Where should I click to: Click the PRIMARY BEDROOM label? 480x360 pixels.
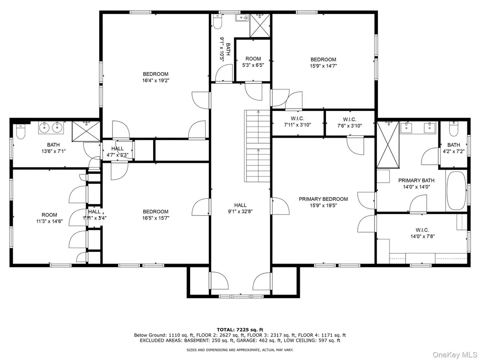(323, 202)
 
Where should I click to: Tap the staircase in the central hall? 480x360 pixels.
(257, 146)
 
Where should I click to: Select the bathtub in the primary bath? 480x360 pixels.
(456, 191)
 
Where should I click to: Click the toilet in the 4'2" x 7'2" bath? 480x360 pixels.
(453, 129)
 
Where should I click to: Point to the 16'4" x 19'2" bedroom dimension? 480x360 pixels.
(155, 81)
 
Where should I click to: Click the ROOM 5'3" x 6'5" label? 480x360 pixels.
(253, 62)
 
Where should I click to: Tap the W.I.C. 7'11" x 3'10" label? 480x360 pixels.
(297, 122)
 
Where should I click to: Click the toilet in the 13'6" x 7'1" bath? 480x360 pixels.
(21, 132)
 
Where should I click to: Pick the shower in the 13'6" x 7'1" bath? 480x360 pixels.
(86, 132)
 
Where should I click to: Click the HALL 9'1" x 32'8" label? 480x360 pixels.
(240, 208)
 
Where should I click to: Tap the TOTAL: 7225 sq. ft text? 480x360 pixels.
(240, 330)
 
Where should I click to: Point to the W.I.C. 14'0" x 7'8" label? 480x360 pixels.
(422, 233)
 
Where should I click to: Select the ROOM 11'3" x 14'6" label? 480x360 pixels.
(49, 218)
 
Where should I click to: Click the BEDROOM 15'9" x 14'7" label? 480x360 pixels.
(323, 63)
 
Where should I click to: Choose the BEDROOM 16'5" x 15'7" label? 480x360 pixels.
(155, 214)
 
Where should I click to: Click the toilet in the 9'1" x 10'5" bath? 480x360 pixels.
(217, 22)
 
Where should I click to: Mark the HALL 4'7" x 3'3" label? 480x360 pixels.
(118, 152)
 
